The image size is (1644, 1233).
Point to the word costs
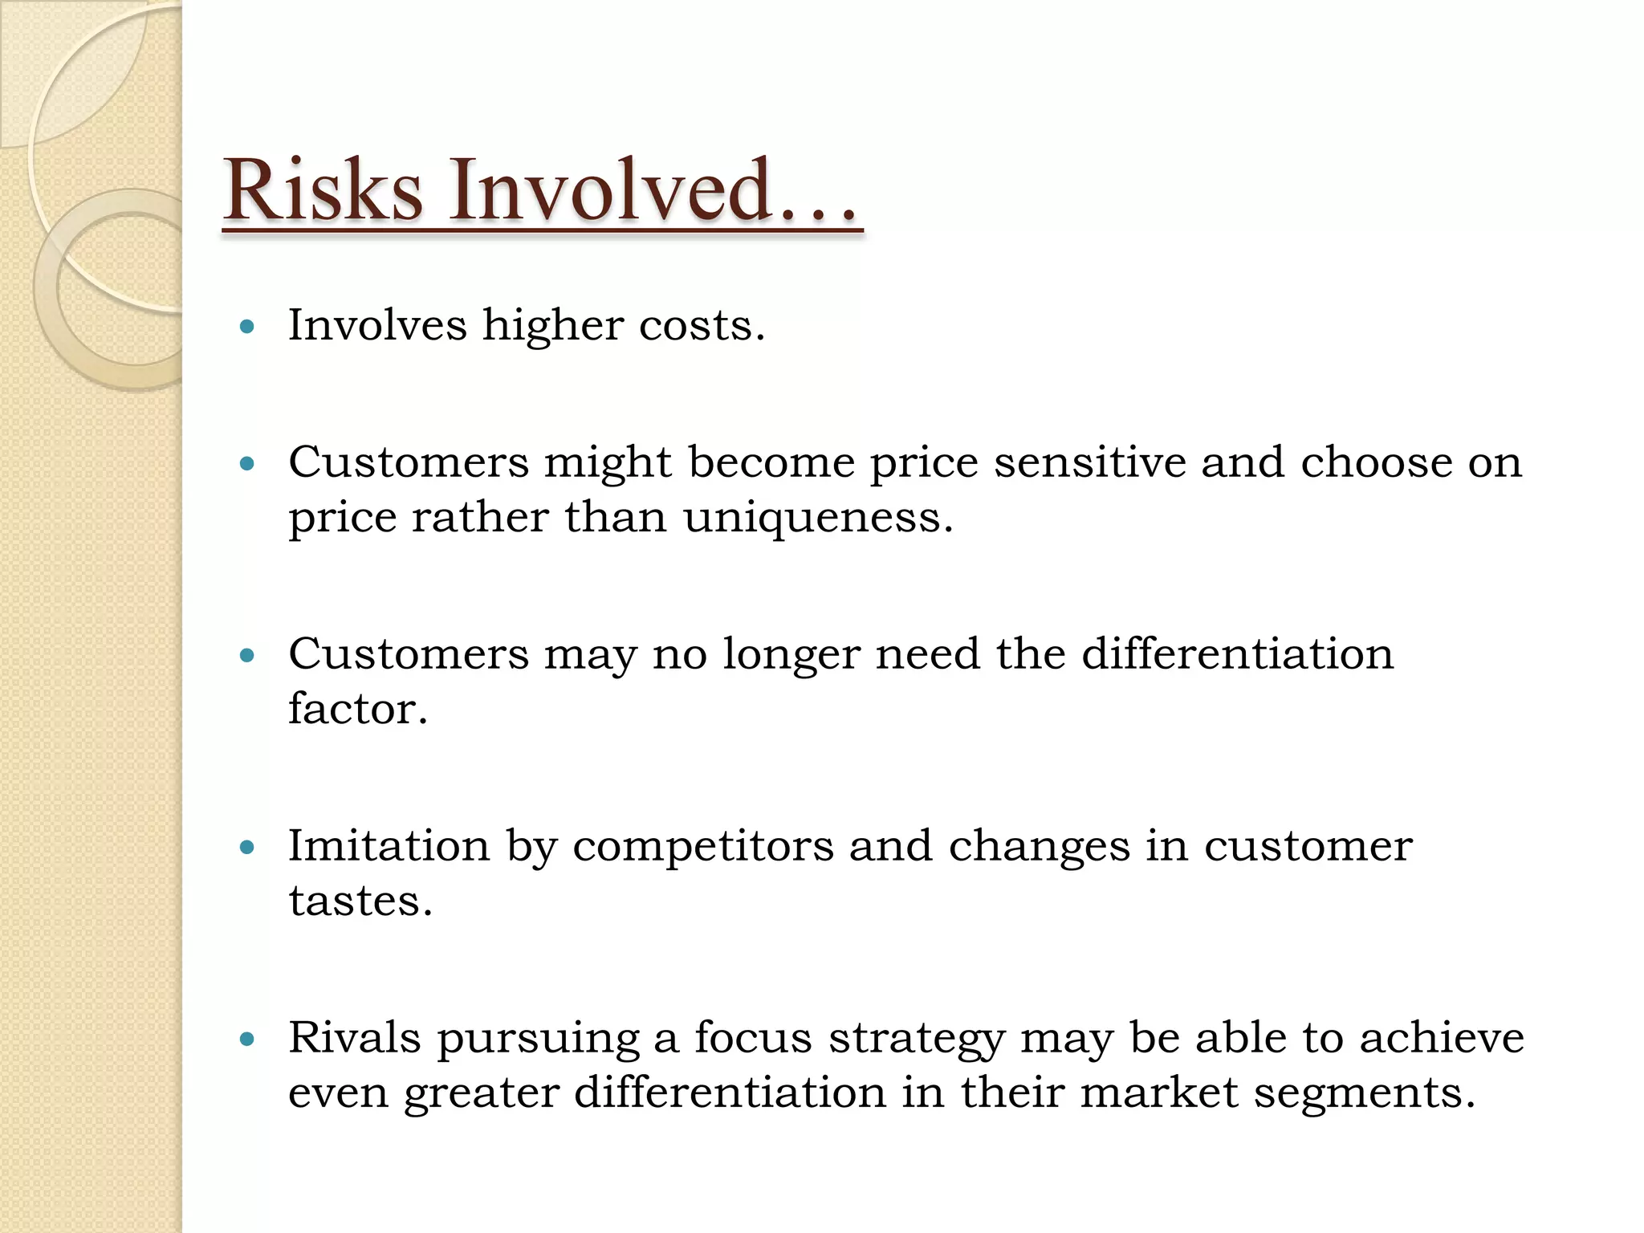[701, 326]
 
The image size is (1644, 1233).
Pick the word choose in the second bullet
[1376, 462]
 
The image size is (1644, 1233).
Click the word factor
[357, 709]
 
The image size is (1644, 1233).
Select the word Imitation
[389, 846]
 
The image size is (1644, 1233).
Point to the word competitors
[702, 848]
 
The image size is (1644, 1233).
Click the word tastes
[360, 901]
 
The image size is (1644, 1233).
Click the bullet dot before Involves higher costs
[247, 327]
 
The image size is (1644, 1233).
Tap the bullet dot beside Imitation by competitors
[247, 847]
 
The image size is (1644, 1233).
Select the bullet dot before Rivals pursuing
[247, 1040]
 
